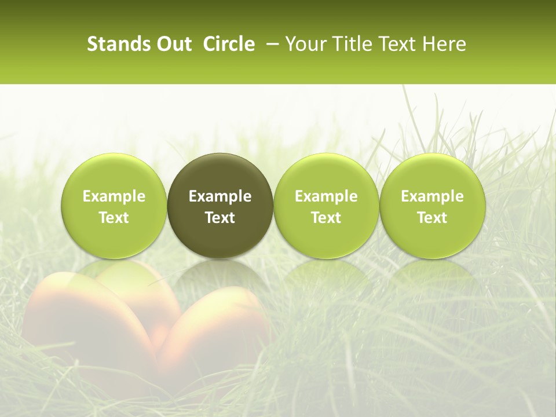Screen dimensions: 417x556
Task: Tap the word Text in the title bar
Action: [x=394, y=44]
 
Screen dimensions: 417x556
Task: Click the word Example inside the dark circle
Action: [x=220, y=196]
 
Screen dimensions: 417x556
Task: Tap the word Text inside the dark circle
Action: [x=220, y=218]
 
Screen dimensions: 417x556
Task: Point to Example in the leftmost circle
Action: [x=114, y=196]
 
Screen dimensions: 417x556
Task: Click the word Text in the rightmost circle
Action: [x=432, y=218]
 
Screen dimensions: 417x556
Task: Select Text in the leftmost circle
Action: [x=114, y=218]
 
